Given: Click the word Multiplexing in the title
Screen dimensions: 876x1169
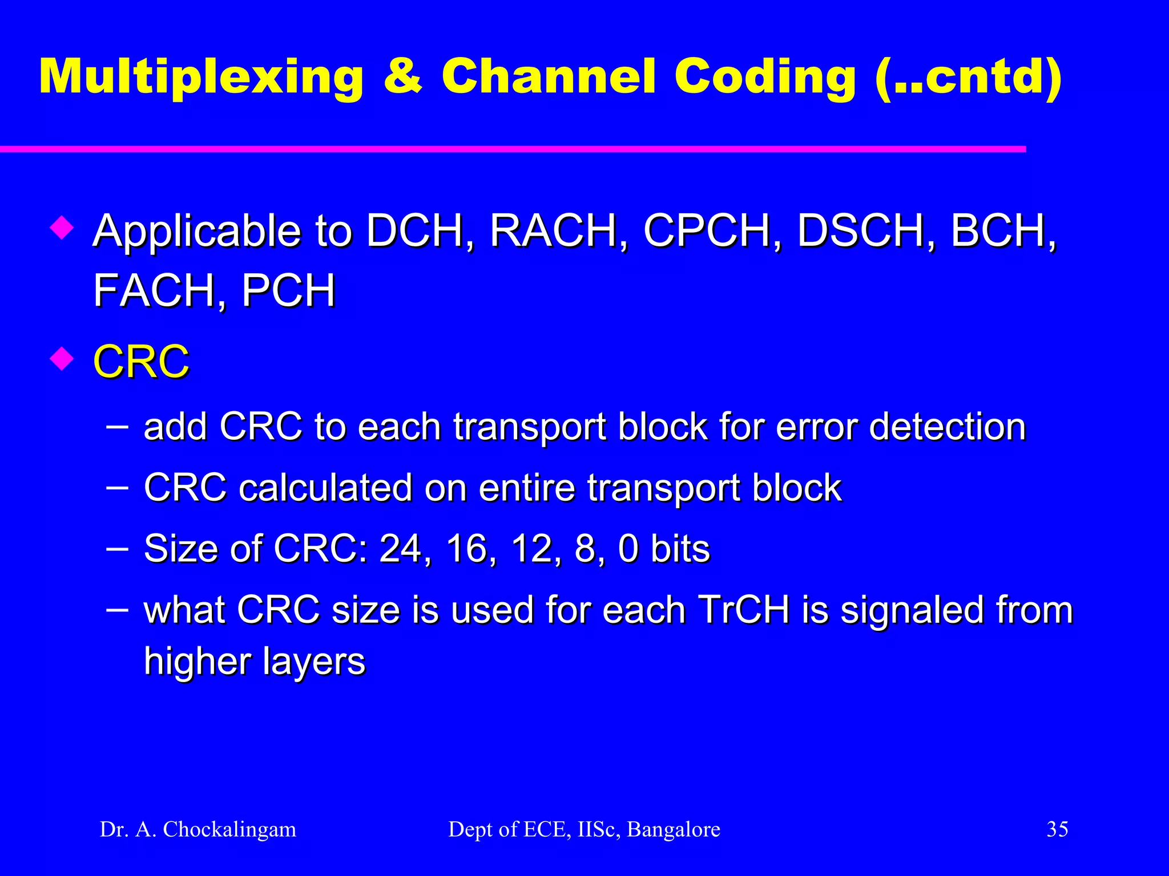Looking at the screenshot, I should pyautogui.click(x=201, y=77).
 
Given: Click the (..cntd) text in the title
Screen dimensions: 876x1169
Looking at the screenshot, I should pyautogui.click(x=968, y=77).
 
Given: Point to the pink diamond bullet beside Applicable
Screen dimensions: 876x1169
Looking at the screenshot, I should pyautogui.click(x=61, y=228).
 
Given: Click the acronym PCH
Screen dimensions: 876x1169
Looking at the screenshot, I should pyautogui.click(x=288, y=290).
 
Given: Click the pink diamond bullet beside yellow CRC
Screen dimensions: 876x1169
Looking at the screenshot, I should pyautogui.click(x=61, y=359).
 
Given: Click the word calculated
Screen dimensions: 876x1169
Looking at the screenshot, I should pyautogui.click(x=325, y=488).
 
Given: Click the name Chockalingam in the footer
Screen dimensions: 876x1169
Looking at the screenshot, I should pyautogui.click(x=229, y=829).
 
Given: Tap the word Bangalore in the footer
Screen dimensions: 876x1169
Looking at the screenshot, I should pyautogui.click(x=674, y=829).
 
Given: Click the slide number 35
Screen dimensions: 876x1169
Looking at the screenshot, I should pyautogui.click(x=1057, y=829).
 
